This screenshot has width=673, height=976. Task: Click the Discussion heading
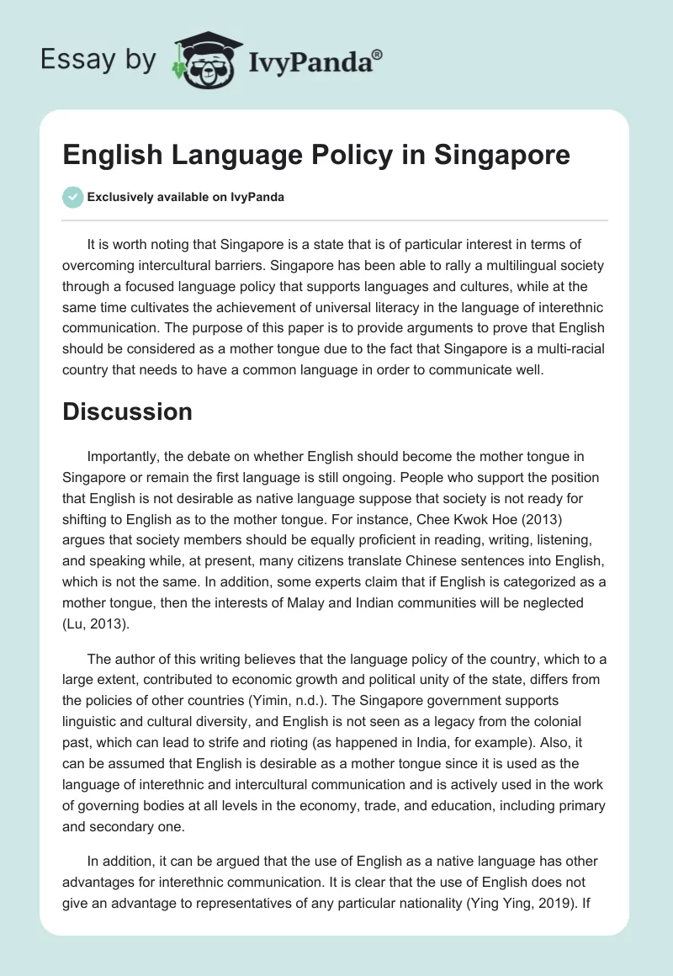[x=127, y=411]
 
